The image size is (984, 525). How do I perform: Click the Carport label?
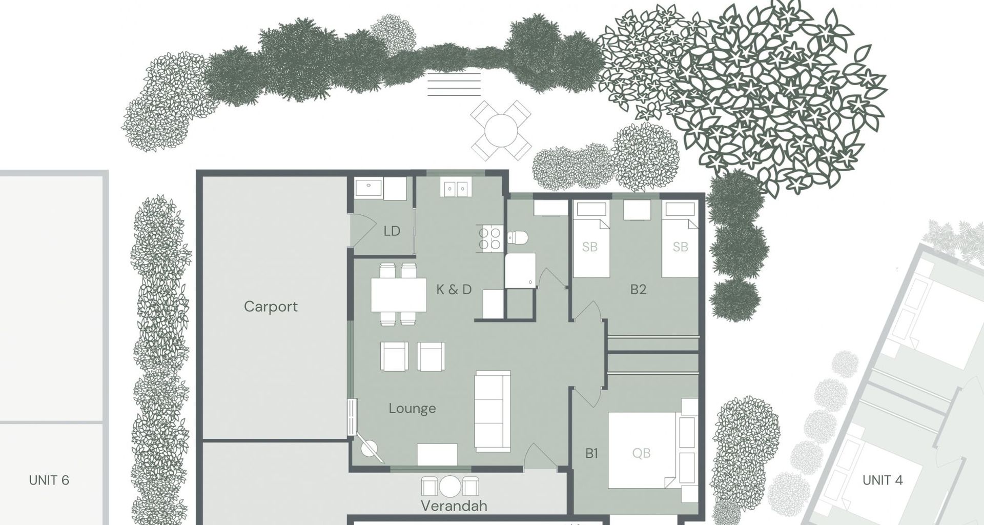point(271,307)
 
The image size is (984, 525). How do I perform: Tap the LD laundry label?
point(392,231)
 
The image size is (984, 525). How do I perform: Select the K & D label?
point(454,290)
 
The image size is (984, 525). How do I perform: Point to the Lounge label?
point(412,409)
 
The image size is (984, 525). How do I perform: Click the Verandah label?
point(454,506)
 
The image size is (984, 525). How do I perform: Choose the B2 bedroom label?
point(638,290)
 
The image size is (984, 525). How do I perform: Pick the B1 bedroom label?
point(591,454)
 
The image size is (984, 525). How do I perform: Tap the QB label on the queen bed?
point(641,453)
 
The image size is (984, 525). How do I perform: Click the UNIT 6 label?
point(49,480)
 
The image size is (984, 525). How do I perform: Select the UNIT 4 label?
point(883,480)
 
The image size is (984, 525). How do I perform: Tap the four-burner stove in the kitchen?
point(490,239)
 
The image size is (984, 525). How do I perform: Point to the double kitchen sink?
point(454,189)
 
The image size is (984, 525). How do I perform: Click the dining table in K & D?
point(399,294)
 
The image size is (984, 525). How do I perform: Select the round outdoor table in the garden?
point(501,130)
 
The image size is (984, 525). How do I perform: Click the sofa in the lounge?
point(492,411)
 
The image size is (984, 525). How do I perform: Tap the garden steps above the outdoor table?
point(454,85)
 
